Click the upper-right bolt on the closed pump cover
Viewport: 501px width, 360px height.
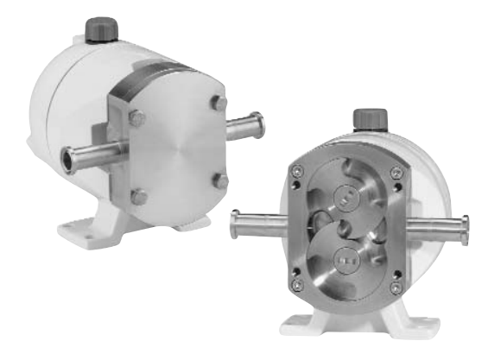pyautogui.click(x=219, y=104)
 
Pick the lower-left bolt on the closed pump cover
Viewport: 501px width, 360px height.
pyautogui.click(x=139, y=198)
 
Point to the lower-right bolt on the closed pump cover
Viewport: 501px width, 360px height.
pyautogui.click(x=221, y=181)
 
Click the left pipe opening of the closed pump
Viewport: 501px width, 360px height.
pyautogui.click(x=67, y=159)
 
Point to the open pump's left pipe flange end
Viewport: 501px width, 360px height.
pyautogui.click(x=233, y=226)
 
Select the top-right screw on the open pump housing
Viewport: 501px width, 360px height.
pyautogui.click(x=394, y=171)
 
